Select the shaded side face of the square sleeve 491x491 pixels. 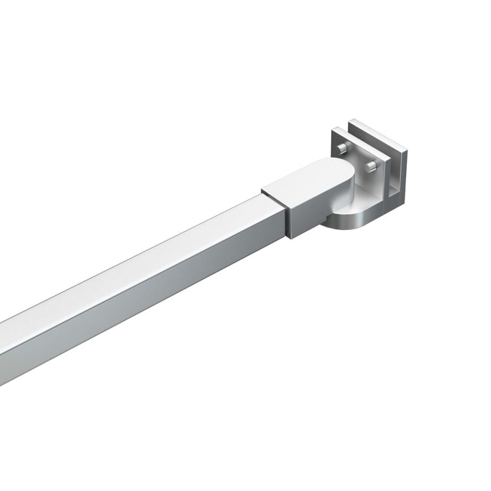[x=309, y=210]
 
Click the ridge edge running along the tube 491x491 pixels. [x=140, y=273]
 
